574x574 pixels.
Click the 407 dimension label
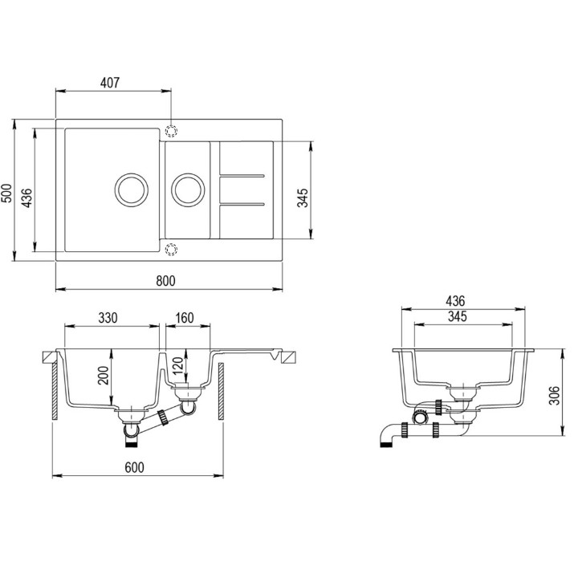[110, 83]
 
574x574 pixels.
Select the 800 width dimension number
[165, 281]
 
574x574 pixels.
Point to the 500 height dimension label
[7, 193]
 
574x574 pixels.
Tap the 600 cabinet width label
[134, 467]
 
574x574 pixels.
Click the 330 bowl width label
[108, 318]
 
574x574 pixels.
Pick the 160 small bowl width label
[184, 318]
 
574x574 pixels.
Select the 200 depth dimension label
[104, 375]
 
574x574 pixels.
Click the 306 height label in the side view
[555, 395]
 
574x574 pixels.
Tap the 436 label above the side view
[455, 301]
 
